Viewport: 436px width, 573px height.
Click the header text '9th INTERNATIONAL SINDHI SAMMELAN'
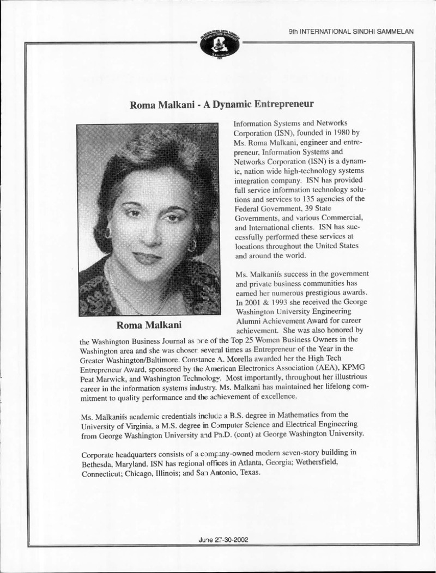coord(352,31)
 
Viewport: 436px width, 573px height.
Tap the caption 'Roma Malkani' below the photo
coord(147,326)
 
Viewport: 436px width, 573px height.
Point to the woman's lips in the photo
coord(148,257)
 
